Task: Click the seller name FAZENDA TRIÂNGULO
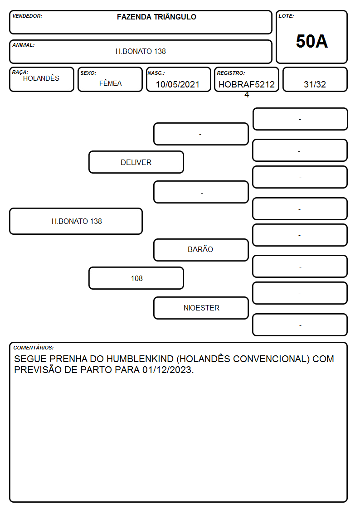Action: point(156,17)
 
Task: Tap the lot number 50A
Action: point(311,41)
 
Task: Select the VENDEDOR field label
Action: point(27,16)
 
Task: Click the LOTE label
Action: point(286,16)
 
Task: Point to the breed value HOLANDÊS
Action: point(41,78)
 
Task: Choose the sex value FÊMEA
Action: point(110,83)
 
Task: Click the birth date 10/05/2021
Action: point(178,84)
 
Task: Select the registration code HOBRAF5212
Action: point(247,84)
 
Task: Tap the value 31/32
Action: point(315,84)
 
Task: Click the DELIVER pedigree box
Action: point(136,162)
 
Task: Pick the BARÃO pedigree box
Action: point(201,250)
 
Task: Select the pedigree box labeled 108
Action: point(136,278)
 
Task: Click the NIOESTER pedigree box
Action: point(201,308)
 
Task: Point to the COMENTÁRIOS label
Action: point(34,348)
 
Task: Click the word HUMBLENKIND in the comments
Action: point(140,359)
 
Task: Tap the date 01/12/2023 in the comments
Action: point(168,370)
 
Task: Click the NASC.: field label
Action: point(156,73)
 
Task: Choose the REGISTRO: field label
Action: point(231,73)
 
